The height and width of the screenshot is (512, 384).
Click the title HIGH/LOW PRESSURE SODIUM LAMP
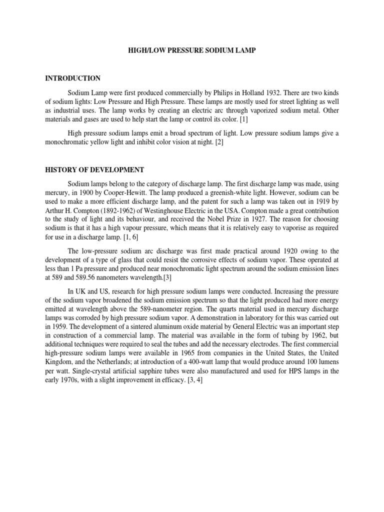point(191,51)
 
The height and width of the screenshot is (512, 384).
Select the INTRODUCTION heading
point(73,78)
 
